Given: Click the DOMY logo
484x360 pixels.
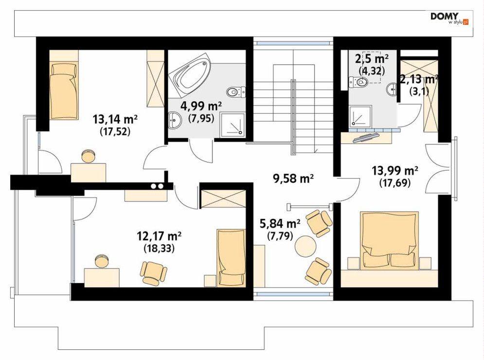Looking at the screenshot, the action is pyautogui.click(x=449, y=19).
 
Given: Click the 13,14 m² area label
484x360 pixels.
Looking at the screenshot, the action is pyautogui.click(x=115, y=119).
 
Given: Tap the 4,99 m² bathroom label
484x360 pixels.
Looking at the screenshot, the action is pyautogui.click(x=201, y=106).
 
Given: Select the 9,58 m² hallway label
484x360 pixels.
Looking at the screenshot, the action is pyautogui.click(x=293, y=178).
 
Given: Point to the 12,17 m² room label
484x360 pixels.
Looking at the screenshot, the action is pyautogui.click(x=159, y=236).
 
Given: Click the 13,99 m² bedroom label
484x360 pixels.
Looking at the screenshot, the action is pyautogui.click(x=395, y=170).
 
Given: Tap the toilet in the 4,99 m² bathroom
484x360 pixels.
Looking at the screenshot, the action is pyautogui.click(x=236, y=91).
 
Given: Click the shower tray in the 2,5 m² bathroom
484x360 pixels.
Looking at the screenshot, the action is pyautogui.click(x=360, y=116).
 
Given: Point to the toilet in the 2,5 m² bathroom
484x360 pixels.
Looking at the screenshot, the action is pyautogui.click(x=359, y=82).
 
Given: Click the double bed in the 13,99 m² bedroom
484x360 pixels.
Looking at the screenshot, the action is pyautogui.click(x=390, y=240).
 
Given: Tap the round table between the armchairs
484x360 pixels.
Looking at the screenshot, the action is pyautogui.click(x=305, y=246).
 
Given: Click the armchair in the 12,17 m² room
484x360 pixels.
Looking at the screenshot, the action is pyautogui.click(x=153, y=272).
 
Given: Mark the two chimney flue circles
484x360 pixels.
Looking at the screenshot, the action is pyautogui.click(x=157, y=186).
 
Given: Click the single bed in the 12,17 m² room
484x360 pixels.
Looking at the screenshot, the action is pyautogui.click(x=231, y=258).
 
